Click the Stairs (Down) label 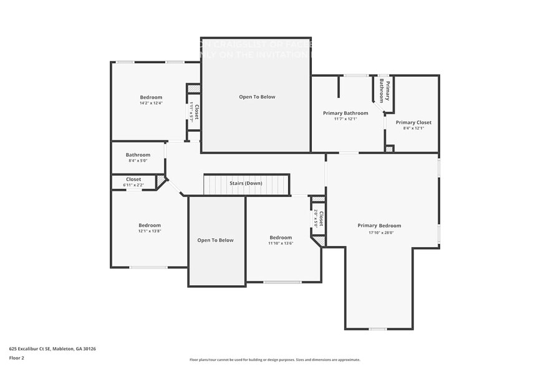pyautogui.click(x=246, y=183)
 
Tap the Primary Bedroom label pyautogui.click(x=379, y=225)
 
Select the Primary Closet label pyautogui.click(x=413, y=122)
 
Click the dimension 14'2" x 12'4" pyautogui.click(x=151, y=103)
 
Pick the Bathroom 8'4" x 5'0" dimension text pyautogui.click(x=138, y=160)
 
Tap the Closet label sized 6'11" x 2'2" pyautogui.click(x=133, y=185)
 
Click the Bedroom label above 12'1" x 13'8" pyautogui.click(x=150, y=225)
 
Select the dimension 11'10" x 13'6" pyautogui.click(x=281, y=243)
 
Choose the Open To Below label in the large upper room pyautogui.click(x=257, y=97)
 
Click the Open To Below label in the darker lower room pyautogui.click(x=215, y=240)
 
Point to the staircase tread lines pyautogui.click(x=218, y=185)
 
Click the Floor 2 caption pyautogui.click(x=17, y=358)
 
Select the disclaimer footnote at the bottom pyautogui.click(x=275, y=360)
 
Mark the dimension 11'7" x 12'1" pyautogui.click(x=345, y=119)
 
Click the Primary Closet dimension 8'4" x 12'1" pyautogui.click(x=413, y=128)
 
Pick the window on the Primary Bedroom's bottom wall pyautogui.click(x=377, y=329)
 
